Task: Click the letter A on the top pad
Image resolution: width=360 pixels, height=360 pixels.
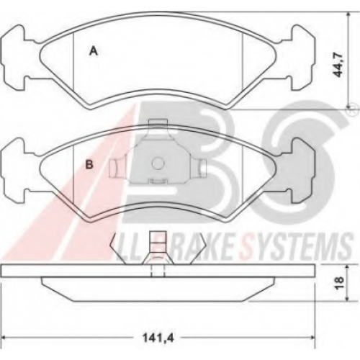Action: pyautogui.click(x=94, y=51)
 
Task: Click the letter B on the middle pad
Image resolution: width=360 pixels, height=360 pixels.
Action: pyautogui.click(x=89, y=165)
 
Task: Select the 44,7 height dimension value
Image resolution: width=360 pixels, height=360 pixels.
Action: pyautogui.click(x=339, y=66)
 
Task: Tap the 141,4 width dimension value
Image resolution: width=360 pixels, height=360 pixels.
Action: pyautogui.click(x=158, y=338)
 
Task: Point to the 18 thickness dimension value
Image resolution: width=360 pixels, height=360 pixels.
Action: pyautogui.click(x=340, y=283)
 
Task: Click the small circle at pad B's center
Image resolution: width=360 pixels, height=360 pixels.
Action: pyautogui.click(x=158, y=163)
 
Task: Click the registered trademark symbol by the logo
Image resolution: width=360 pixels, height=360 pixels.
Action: pyautogui.click(x=351, y=110)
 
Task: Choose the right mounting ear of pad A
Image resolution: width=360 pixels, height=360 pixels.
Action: pyautogui.click(x=302, y=58)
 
